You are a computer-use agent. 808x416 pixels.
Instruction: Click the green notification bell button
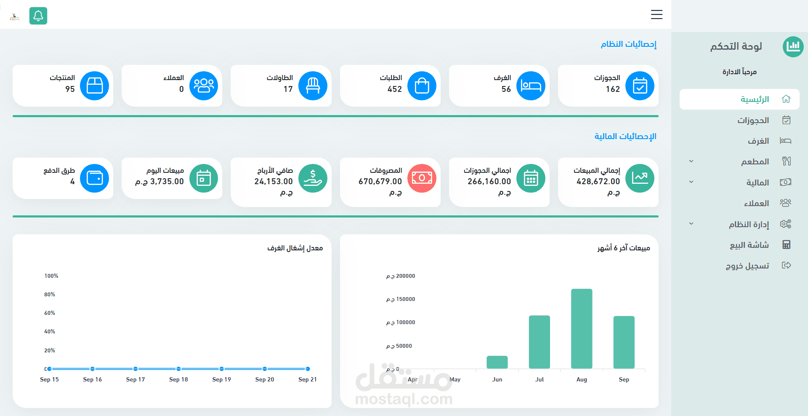(x=38, y=16)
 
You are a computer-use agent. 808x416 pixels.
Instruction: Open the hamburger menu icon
(x=656, y=14)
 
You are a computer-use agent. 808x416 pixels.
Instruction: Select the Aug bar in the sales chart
(x=582, y=328)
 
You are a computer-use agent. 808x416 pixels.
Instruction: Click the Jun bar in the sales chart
(x=497, y=362)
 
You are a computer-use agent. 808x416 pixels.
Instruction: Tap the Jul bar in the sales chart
(x=540, y=342)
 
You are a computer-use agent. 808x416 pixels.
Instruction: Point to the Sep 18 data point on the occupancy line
(x=178, y=369)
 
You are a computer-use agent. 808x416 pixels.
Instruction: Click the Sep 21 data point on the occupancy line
(x=308, y=369)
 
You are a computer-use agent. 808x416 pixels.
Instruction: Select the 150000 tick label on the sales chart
(x=401, y=299)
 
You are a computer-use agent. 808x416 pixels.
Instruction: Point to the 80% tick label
(x=50, y=295)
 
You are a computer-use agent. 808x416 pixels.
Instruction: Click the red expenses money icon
(x=422, y=178)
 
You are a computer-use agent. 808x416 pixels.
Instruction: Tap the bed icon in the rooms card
(x=531, y=86)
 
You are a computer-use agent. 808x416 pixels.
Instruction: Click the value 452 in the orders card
(x=395, y=89)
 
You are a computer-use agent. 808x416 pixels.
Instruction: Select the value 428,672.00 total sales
(x=598, y=181)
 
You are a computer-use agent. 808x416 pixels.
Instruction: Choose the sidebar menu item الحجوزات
(x=753, y=121)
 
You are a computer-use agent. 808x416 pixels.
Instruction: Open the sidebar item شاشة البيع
(x=749, y=245)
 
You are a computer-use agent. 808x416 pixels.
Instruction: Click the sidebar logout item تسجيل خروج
(x=747, y=266)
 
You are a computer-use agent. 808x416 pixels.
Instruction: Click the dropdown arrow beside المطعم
(x=691, y=161)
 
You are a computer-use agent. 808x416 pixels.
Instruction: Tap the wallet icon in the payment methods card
(x=95, y=178)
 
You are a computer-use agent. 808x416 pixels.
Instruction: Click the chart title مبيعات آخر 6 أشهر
(x=624, y=248)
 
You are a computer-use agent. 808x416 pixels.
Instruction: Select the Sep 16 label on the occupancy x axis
(x=93, y=379)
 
